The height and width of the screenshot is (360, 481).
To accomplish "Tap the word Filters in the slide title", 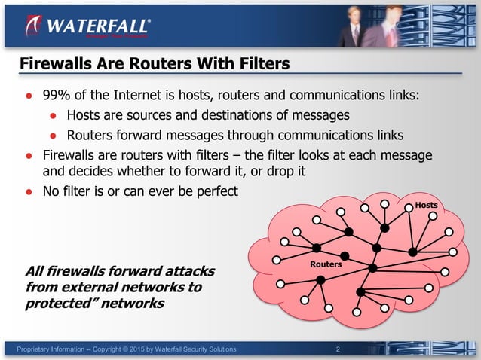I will [x=262, y=65].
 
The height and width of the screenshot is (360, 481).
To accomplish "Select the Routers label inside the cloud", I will [x=326, y=264].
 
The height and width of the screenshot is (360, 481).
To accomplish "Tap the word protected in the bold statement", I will [x=57, y=304].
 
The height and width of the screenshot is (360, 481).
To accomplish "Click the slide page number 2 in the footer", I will [x=337, y=349].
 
